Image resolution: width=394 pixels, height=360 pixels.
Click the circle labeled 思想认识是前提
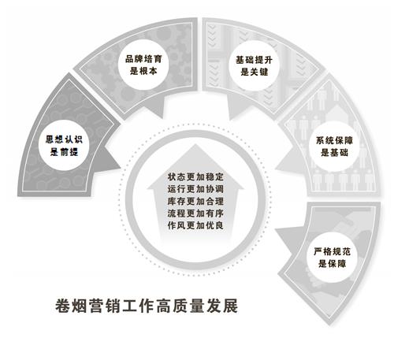[x=64, y=145]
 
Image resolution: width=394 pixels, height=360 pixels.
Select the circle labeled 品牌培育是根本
[x=143, y=65]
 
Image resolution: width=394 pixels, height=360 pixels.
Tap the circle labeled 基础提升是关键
[x=254, y=65]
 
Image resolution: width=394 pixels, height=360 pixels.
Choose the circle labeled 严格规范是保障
[x=332, y=258]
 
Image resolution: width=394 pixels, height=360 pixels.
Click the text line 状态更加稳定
[x=195, y=176]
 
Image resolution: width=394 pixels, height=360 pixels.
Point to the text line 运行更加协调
[x=195, y=189]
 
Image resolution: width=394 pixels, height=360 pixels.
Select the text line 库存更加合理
[x=195, y=201]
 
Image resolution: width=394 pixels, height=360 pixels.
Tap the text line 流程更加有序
[x=195, y=213]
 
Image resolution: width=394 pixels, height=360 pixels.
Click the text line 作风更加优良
[x=195, y=225]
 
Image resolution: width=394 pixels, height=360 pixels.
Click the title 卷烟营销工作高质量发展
[x=147, y=306]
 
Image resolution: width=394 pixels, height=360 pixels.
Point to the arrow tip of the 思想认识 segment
[x=121, y=166]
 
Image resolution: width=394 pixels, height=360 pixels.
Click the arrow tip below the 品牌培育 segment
[x=164, y=117]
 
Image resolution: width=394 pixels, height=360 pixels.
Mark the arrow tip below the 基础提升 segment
[x=229, y=120]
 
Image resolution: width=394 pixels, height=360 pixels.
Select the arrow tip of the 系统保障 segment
[x=275, y=168]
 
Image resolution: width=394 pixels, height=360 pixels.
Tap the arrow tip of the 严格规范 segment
[x=275, y=229]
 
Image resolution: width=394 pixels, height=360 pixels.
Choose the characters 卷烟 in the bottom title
[x=71, y=306]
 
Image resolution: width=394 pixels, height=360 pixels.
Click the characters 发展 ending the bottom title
[x=222, y=306]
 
